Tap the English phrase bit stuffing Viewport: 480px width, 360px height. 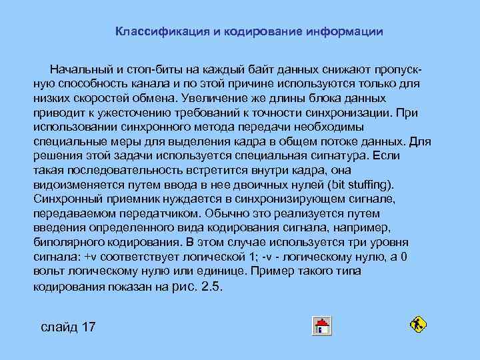(363, 184)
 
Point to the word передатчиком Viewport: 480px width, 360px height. (161, 213)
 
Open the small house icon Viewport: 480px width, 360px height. (322, 326)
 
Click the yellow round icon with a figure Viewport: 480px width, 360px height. (418, 325)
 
